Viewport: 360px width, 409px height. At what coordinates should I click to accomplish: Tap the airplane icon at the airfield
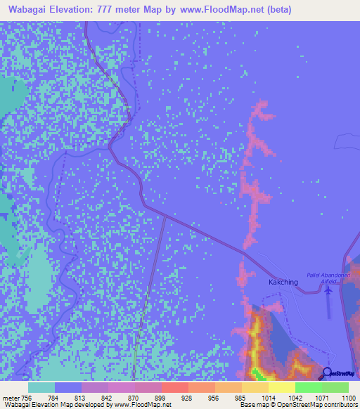(329, 288)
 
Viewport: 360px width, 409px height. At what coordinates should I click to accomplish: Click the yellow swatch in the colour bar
(282, 387)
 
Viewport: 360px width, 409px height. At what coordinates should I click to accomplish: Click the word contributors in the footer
(340, 405)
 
